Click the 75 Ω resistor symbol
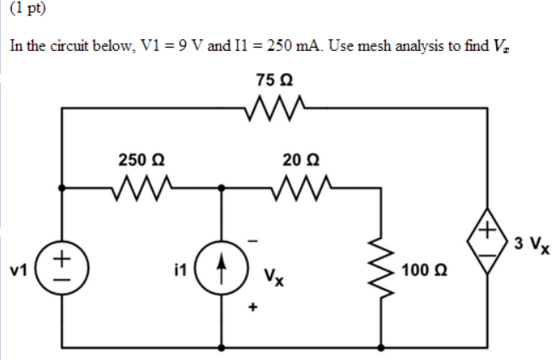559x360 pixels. click(x=274, y=107)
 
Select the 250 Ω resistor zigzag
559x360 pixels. click(x=142, y=184)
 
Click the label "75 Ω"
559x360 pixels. click(x=274, y=81)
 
